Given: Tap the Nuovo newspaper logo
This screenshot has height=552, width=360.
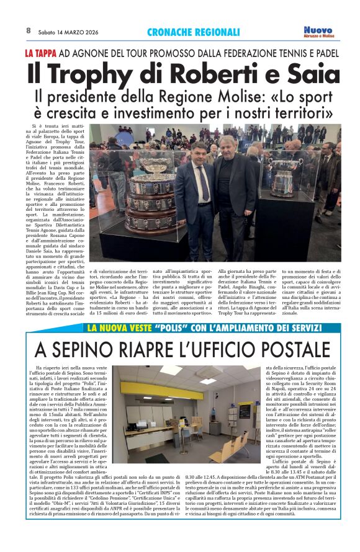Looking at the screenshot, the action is coord(319,32).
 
